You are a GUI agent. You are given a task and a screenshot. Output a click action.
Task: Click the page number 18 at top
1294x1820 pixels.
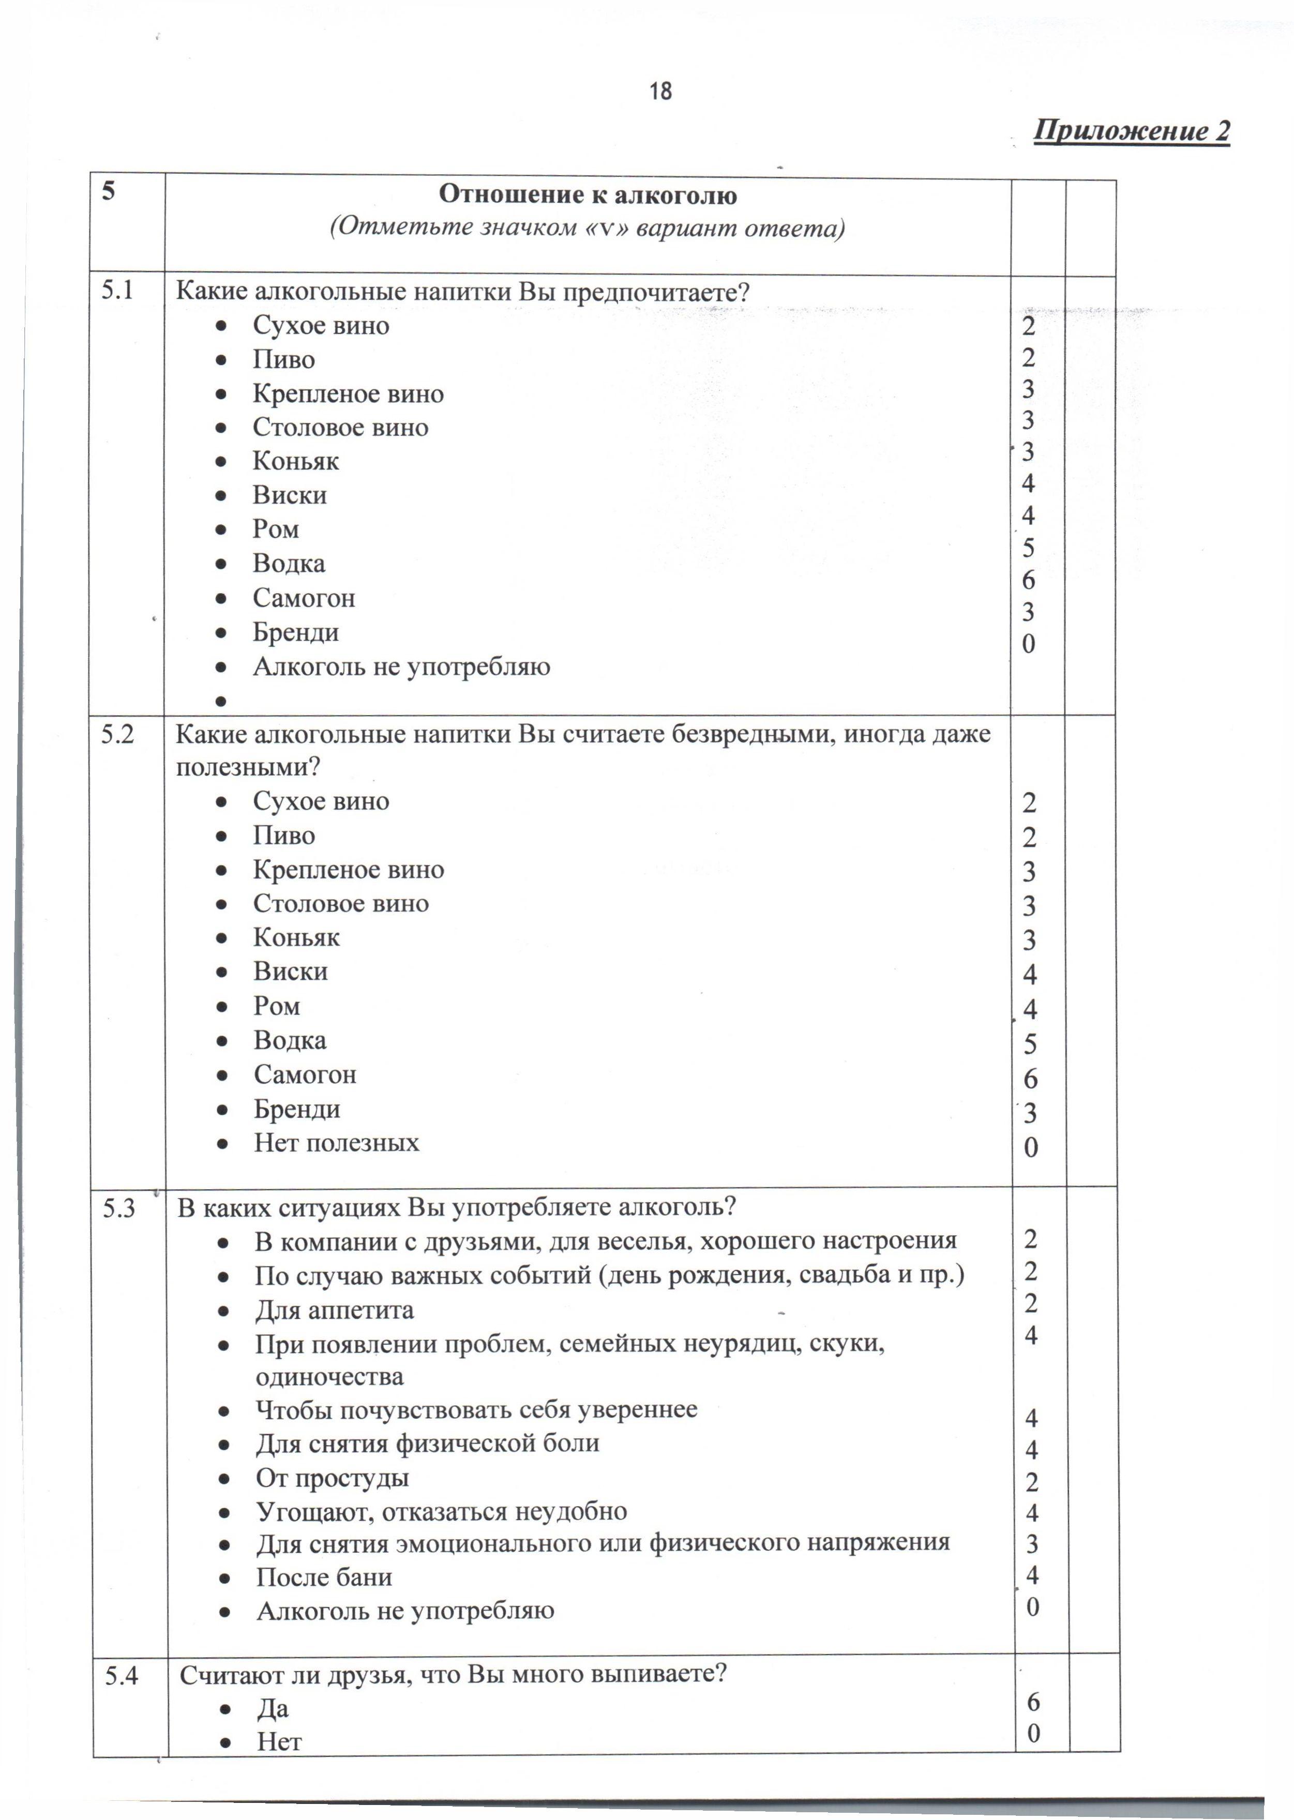click(660, 92)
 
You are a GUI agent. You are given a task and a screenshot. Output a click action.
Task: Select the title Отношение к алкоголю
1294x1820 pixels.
click(588, 194)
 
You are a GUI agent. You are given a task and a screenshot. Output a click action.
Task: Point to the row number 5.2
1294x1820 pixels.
click(118, 734)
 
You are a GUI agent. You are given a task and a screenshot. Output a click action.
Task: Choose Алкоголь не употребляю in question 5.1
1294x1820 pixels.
click(401, 666)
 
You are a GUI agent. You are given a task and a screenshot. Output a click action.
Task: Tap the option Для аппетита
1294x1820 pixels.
click(334, 1310)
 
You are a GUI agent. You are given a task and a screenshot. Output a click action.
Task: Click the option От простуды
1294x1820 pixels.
click(332, 1478)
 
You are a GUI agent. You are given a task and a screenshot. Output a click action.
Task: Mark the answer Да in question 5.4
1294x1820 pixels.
click(273, 1708)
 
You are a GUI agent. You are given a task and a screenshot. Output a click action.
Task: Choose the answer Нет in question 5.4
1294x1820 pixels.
click(279, 1741)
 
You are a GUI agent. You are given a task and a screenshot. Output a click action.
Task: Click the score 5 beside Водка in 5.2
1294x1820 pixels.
click(1030, 1044)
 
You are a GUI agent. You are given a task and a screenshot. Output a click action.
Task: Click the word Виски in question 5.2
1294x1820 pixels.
click(291, 971)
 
